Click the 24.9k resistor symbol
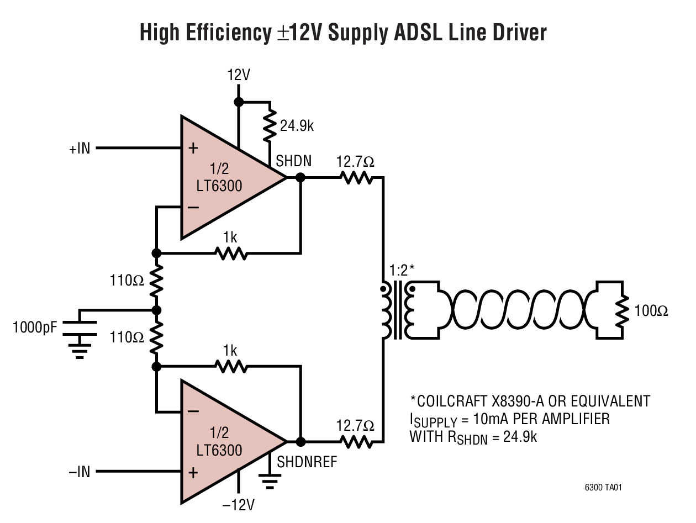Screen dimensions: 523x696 269,125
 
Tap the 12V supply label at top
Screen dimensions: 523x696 239,76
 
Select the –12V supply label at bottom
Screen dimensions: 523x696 238,505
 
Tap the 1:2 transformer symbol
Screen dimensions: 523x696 396,311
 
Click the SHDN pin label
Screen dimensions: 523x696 294,161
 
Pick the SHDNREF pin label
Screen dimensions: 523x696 307,462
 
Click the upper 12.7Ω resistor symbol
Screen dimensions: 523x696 356,178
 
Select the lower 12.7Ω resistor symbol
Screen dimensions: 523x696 356,442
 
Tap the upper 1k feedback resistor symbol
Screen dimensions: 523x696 231,253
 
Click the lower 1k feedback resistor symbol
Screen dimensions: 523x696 231,366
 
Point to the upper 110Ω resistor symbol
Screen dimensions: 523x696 156,281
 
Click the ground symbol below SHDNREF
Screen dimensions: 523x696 269,483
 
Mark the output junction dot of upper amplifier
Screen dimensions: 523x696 300,178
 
